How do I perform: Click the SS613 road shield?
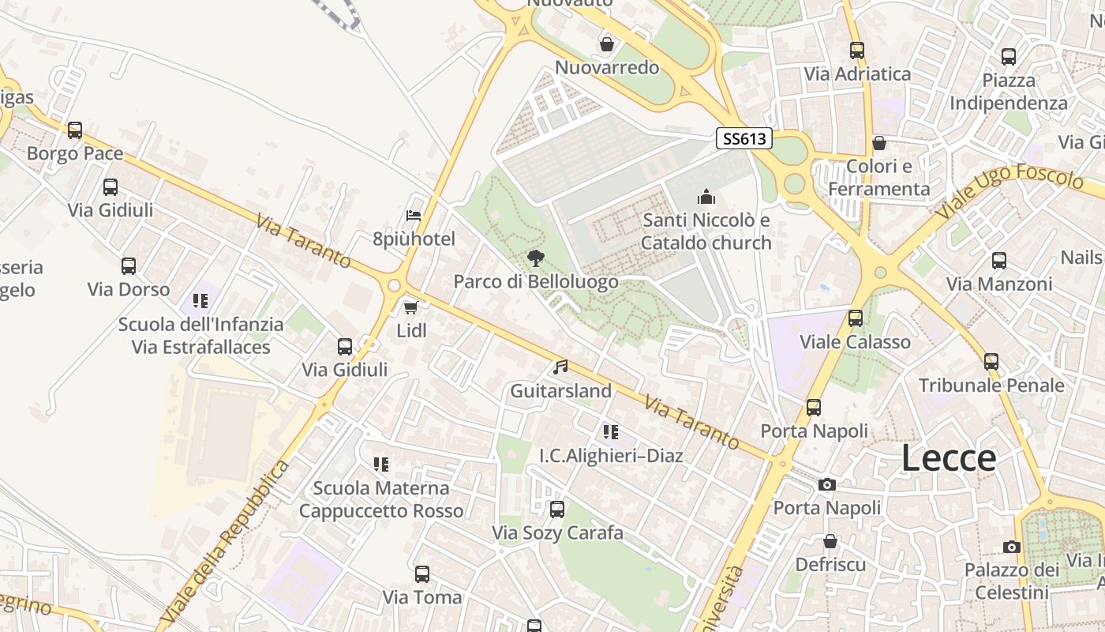(744, 139)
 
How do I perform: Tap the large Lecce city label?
(948, 458)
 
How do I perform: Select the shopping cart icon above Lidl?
(410, 307)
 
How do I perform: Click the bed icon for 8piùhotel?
(414, 216)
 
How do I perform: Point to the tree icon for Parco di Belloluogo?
(536, 258)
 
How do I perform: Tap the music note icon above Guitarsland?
(560, 367)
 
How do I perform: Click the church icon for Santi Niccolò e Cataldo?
(706, 197)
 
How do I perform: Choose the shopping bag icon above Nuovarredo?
(607, 44)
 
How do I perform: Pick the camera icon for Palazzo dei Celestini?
(1011, 547)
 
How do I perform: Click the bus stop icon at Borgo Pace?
(75, 130)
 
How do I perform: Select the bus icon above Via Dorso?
(129, 266)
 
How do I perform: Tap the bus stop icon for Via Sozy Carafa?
(557, 510)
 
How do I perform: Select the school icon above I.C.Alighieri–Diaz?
(611, 432)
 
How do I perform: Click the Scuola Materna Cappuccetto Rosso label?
(381, 499)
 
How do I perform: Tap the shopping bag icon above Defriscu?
(830, 541)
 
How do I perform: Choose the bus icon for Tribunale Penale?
(991, 362)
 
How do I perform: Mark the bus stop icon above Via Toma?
(422, 574)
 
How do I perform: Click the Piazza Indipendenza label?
(1009, 92)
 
